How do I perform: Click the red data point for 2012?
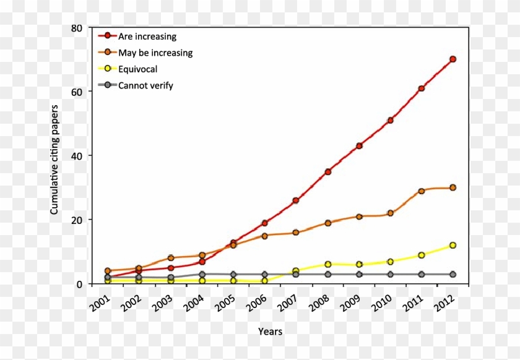coord(453,59)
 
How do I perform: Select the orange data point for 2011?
coord(422,191)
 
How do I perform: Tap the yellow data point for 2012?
coord(453,246)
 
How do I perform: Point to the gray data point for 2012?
coord(453,274)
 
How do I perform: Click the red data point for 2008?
coord(327,171)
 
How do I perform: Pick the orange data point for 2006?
coord(265,236)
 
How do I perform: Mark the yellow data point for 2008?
coord(327,264)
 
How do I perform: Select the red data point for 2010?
coord(390,120)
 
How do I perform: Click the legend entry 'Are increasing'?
coord(147,36)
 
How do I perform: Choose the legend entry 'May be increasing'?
coord(155,53)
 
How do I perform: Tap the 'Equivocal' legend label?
coord(137,69)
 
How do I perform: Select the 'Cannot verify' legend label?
coord(145,85)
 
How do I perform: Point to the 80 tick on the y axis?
coord(76,28)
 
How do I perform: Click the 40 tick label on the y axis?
coord(76,156)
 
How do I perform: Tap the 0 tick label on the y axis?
coord(79,284)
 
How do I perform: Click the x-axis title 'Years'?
coord(270,332)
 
